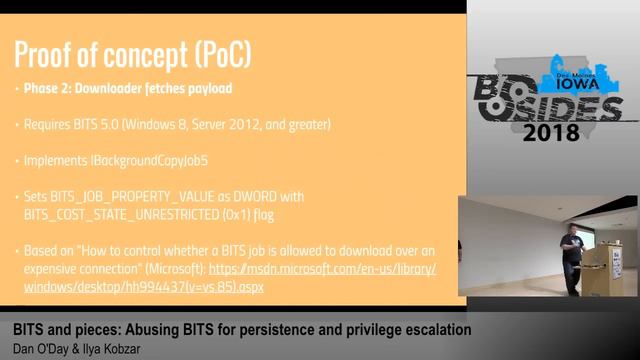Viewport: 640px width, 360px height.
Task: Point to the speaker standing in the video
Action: coord(571,257)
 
